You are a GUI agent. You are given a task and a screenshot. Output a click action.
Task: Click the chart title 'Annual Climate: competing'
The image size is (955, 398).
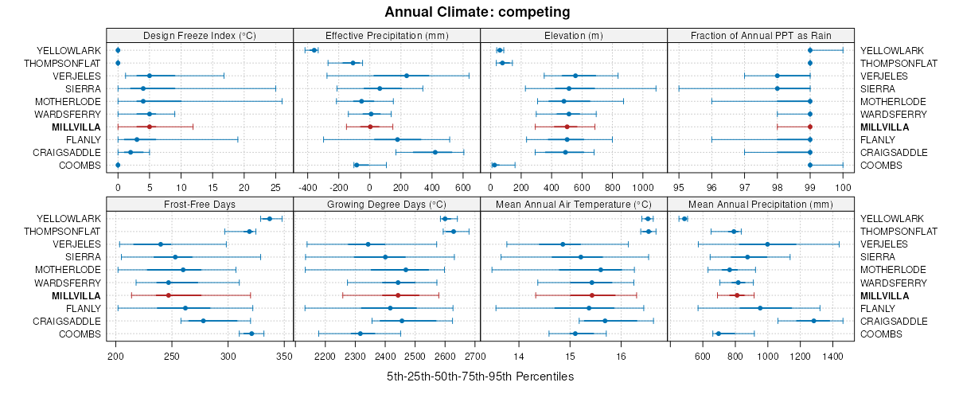tap(477, 12)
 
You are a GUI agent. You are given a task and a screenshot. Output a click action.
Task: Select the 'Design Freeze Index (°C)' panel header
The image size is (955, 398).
tap(199, 35)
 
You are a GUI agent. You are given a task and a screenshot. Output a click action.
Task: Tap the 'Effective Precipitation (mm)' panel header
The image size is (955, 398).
tap(387, 35)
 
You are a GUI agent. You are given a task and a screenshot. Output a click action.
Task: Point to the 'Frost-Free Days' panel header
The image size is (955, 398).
tap(199, 205)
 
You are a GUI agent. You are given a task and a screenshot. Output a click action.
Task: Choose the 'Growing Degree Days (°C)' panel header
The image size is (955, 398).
tap(387, 205)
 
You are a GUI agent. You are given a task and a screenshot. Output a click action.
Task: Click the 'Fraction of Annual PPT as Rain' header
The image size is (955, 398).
tap(761, 35)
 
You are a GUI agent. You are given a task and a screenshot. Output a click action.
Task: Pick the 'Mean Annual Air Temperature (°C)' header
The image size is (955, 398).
tap(574, 205)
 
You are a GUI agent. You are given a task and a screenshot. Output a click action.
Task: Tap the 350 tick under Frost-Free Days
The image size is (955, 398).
tap(285, 356)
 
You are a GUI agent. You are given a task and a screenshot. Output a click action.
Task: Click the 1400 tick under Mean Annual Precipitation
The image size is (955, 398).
tap(832, 356)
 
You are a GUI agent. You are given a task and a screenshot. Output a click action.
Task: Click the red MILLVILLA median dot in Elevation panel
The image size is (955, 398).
tap(567, 127)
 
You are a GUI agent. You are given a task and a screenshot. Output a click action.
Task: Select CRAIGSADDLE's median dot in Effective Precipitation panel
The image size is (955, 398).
tap(435, 152)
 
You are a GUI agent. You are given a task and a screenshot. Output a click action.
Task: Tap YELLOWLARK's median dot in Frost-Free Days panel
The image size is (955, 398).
tap(269, 219)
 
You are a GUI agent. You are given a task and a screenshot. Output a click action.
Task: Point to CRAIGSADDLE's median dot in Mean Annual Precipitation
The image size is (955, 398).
tap(814, 321)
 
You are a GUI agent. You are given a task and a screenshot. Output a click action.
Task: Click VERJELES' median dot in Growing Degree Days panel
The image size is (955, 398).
tap(368, 244)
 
